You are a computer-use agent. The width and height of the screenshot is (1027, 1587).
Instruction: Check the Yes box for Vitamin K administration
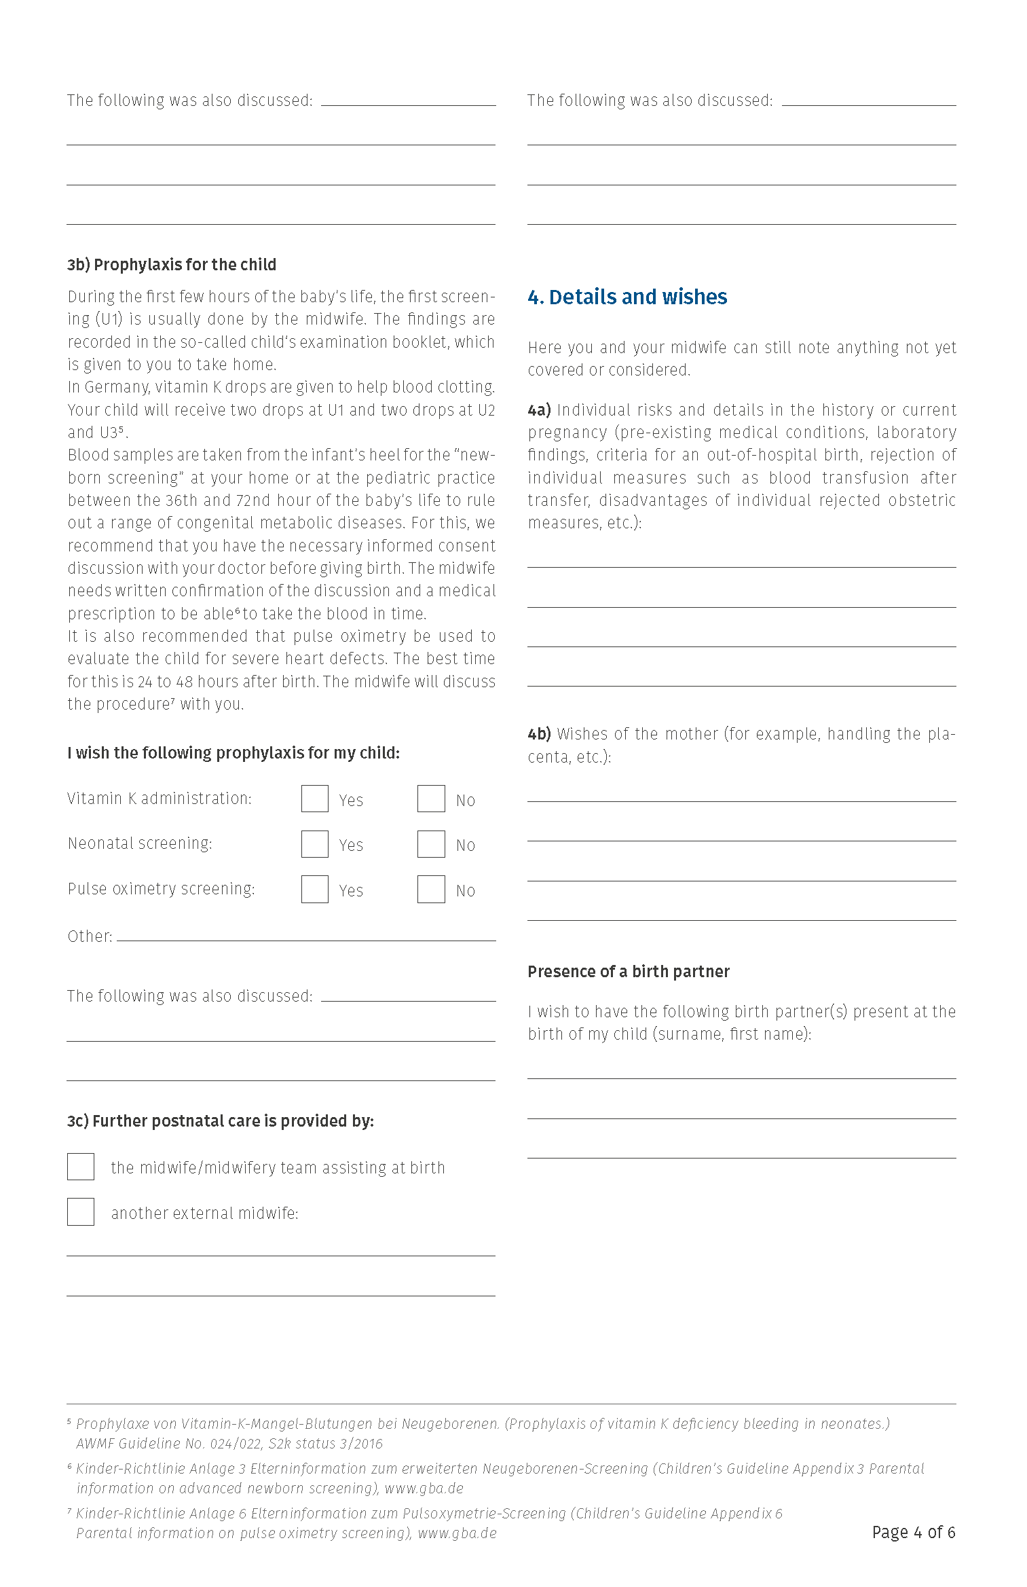point(314,799)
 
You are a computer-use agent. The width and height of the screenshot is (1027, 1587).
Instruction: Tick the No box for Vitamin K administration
point(431,799)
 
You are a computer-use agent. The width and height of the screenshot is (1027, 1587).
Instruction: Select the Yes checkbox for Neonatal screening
point(314,844)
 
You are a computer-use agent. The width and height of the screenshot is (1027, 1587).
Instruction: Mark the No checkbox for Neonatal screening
point(431,844)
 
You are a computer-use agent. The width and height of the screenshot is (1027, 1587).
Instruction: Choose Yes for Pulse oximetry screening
point(314,889)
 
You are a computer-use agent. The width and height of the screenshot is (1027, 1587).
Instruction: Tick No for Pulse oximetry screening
point(431,889)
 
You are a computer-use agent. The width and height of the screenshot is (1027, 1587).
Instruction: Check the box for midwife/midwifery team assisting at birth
point(81,1167)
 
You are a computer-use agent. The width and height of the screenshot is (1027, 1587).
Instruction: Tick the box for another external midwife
point(81,1212)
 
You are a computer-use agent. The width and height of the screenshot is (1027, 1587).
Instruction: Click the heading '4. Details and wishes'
point(627,297)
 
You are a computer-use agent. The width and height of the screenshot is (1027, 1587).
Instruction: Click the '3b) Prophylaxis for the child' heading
point(172,264)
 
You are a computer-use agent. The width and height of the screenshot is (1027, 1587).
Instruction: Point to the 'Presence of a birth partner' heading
point(629,971)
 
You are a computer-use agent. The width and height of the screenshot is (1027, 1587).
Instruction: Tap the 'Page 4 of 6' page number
point(913,1532)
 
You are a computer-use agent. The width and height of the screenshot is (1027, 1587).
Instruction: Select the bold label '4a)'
point(539,409)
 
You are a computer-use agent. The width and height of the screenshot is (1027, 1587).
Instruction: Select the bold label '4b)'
point(539,733)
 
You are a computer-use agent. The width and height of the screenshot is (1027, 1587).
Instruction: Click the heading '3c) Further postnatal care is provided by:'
point(221,1120)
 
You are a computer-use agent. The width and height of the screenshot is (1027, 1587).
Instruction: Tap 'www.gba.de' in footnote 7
point(457,1533)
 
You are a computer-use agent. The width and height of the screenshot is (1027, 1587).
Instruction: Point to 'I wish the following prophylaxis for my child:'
point(234,752)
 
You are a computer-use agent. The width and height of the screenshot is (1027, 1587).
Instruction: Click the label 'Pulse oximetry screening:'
point(162,888)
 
